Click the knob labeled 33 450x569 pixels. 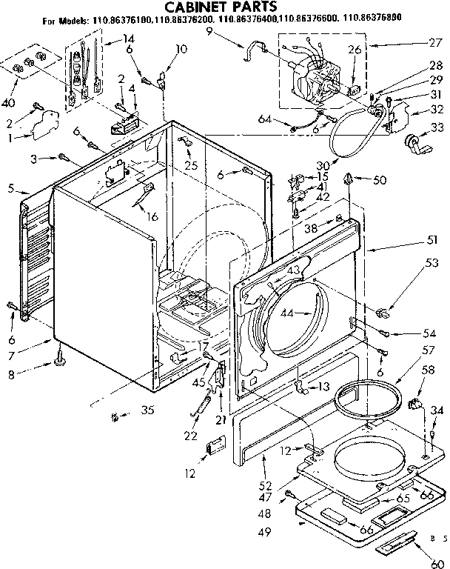412,143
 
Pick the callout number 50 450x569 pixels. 379,180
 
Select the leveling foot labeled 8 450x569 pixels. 58,362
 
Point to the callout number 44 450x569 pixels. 288,313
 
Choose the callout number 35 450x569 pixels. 148,410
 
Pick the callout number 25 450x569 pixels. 191,165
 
